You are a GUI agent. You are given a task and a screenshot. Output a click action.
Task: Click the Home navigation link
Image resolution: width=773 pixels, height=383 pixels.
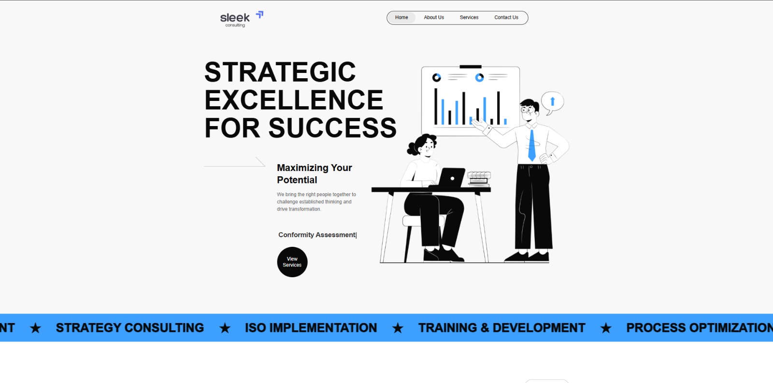pos(401,17)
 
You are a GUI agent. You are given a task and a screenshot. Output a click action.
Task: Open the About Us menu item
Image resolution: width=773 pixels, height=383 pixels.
pos(434,17)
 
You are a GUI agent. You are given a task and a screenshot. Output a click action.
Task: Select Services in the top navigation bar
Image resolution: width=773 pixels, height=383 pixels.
pos(469,17)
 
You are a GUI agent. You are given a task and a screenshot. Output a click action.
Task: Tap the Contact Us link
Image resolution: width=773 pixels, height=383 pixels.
pos(506,17)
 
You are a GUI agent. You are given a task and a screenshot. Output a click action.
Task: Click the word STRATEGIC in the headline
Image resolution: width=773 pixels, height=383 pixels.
pos(280,72)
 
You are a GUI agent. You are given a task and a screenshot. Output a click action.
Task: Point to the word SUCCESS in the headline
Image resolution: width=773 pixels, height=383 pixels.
pos(332,128)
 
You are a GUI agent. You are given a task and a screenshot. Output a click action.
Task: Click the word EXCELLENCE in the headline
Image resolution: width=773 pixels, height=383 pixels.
pos(294,100)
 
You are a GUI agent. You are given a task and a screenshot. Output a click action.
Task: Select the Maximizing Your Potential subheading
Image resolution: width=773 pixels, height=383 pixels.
pos(314,173)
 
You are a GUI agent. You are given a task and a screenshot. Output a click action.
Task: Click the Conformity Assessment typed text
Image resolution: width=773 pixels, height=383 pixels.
pos(317,235)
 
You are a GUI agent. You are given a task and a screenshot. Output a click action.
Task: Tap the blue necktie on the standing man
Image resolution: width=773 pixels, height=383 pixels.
pos(531,145)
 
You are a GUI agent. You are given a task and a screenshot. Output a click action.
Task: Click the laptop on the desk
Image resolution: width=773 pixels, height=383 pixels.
pos(450,178)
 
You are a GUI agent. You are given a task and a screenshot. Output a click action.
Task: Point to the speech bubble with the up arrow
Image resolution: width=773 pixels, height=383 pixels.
pos(552,102)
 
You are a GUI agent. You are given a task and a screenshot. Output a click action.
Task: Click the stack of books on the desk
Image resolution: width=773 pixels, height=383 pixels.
pos(479,178)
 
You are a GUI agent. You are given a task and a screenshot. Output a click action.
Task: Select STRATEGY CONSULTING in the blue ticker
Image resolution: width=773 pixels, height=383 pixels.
pos(129,328)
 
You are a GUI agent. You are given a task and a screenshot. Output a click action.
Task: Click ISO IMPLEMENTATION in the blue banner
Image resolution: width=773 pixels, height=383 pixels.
pos(311,328)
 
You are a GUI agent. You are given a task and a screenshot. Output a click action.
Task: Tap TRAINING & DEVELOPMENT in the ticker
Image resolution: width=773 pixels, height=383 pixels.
pos(501,328)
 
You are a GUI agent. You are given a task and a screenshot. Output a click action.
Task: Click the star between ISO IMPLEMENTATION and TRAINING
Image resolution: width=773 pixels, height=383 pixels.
pos(398,328)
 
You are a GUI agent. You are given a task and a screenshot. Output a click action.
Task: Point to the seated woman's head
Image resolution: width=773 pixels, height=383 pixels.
pos(424,144)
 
